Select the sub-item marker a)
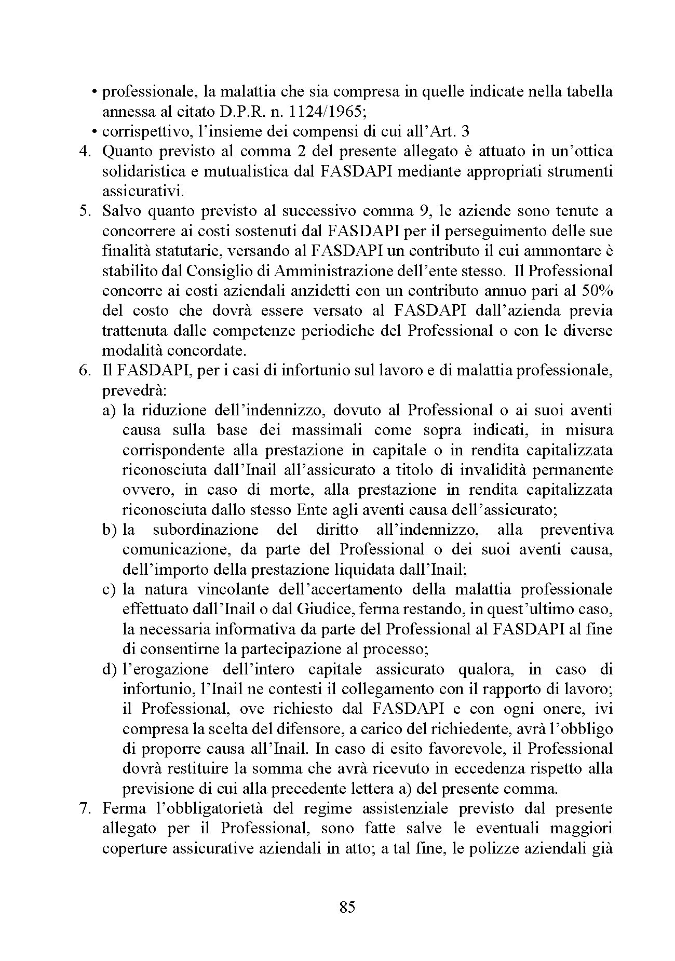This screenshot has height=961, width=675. (109, 411)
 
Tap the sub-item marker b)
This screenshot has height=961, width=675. (109, 530)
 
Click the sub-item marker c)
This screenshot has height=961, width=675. (109, 590)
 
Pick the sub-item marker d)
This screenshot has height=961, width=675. (109, 669)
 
